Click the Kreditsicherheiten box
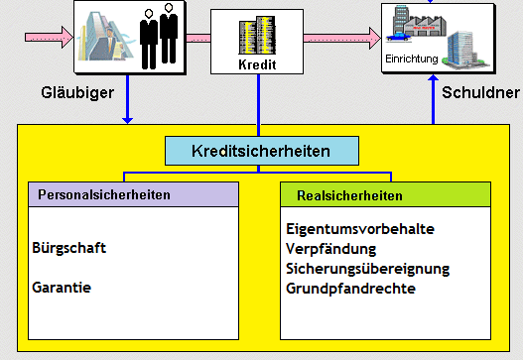pyautogui.click(x=261, y=152)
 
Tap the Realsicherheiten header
pyautogui.click(x=341, y=194)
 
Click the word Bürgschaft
pyautogui.click(x=69, y=248)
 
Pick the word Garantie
pyautogui.click(x=61, y=288)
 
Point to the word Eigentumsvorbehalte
pyautogui.click(x=359, y=228)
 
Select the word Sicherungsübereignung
pyautogui.click(x=367, y=269)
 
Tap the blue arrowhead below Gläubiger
pyautogui.click(x=127, y=121)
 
